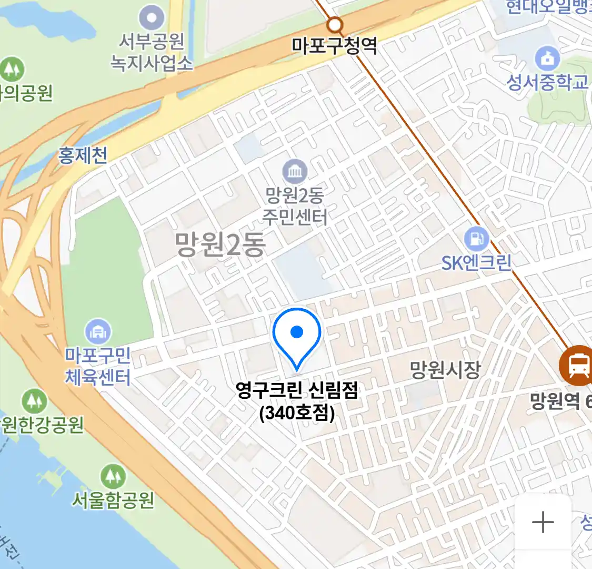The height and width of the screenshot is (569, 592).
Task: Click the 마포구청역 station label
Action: point(335,46)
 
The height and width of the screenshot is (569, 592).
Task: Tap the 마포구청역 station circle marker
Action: point(334,24)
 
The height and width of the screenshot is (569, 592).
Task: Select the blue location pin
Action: point(297,335)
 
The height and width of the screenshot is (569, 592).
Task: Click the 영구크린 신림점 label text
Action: point(297,390)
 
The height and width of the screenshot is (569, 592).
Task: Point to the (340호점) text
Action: point(297,413)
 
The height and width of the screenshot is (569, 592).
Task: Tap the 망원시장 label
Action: point(445,369)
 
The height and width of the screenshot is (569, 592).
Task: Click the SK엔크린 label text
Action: point(476,262)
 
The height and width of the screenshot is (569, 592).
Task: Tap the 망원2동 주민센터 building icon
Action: point(295,171)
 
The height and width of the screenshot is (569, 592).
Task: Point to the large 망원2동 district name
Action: point(220,245)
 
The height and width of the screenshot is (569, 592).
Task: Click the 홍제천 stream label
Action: point(83,155)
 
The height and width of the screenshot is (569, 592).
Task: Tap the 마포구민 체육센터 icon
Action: point(98,332)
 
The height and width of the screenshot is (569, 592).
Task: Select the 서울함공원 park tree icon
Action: point(113,476)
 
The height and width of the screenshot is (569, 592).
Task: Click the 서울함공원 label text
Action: point(113,499)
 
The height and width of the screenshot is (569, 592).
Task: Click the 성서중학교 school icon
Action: point(547,58)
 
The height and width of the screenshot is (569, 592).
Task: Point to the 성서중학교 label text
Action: point(547,82)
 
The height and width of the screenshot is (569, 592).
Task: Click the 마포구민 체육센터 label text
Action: point(98,366)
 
